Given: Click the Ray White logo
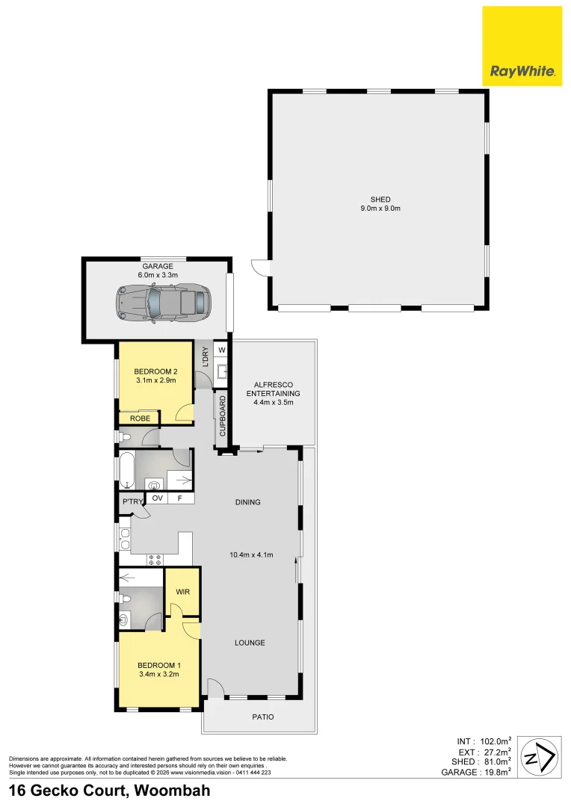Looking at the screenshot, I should (522, 46).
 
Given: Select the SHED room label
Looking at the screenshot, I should (380, 199).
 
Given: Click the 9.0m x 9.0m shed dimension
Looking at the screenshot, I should (380, 208).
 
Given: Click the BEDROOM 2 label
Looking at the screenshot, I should (155, 371).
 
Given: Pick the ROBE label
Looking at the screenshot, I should (141, 418).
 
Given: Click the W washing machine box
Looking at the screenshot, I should (222, 349).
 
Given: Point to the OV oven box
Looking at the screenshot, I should (157, 498).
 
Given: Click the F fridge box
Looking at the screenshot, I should (180, 498).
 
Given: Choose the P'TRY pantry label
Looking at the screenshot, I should (132, 502).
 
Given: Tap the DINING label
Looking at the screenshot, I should (248, 502).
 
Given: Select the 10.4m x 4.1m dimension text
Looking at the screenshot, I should (252, 554).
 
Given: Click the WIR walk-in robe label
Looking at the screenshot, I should (183, 592).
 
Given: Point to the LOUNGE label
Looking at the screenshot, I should (250, 643).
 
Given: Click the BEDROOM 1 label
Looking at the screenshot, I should (158, 665).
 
